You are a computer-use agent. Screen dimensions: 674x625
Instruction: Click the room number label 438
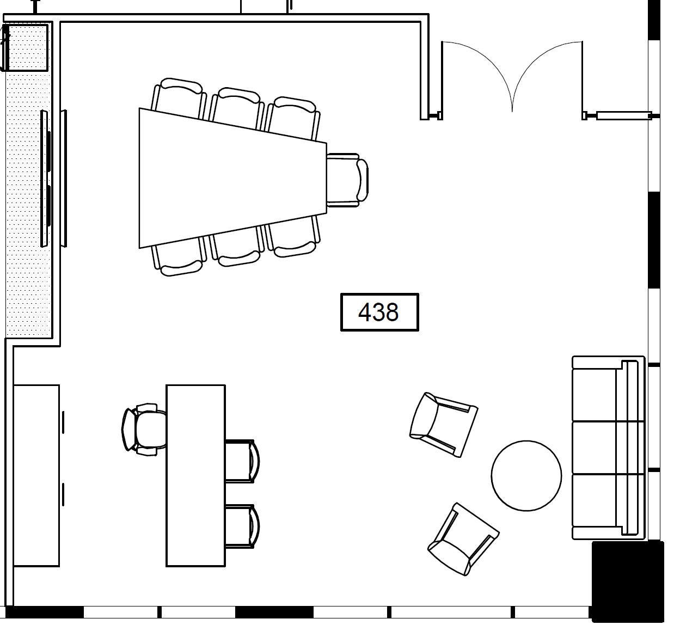[379, 312]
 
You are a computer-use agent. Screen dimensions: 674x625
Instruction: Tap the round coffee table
[526, 476]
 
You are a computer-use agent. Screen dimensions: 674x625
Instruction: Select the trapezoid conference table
[233, 178]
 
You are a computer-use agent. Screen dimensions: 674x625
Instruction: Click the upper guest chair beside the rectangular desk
[242, 461]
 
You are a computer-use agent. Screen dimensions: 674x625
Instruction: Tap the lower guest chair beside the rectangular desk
[242, 526]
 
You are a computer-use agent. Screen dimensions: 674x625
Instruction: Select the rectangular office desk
[195, 476]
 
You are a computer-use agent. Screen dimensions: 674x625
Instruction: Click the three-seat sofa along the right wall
[609, 448]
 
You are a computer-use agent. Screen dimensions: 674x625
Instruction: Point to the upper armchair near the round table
[444, 425]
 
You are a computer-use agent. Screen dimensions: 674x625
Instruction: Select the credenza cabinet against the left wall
[36, 476]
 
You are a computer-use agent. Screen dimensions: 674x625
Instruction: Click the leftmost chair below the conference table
[179, 256]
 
